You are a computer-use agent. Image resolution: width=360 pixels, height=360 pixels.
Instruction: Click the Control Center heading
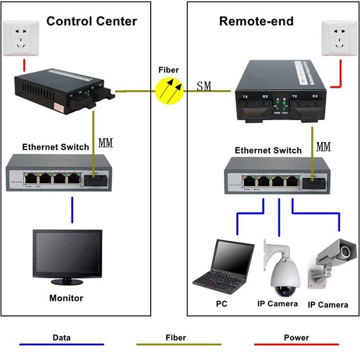pos(91,22)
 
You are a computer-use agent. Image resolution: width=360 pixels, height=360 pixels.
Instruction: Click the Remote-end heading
pos(256,22)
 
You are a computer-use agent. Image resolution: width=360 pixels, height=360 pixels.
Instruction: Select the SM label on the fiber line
pos(204,86)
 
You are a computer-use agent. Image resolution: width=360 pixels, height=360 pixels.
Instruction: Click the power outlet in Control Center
pos(23,38)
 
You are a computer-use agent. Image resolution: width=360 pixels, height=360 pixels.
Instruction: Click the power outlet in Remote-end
pos(338,38)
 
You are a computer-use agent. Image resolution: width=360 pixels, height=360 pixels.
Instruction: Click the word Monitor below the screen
pos(66,298)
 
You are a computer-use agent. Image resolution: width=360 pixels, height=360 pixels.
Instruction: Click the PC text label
pos(221,304)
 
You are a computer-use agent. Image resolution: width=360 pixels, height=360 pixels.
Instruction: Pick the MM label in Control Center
pos(106,143)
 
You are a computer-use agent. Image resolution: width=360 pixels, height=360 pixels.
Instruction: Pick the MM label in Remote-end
pos(323,147)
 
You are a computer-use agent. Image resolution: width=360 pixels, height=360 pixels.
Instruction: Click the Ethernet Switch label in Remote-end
pos(268,151)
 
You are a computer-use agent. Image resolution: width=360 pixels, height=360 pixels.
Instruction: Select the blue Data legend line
pos(62,344)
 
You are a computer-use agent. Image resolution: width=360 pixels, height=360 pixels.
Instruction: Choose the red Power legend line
pos(296,344)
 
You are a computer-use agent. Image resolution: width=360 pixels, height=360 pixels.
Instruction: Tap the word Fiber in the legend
pos(175,337)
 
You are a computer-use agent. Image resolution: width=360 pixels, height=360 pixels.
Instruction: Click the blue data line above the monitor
pos(72,210)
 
